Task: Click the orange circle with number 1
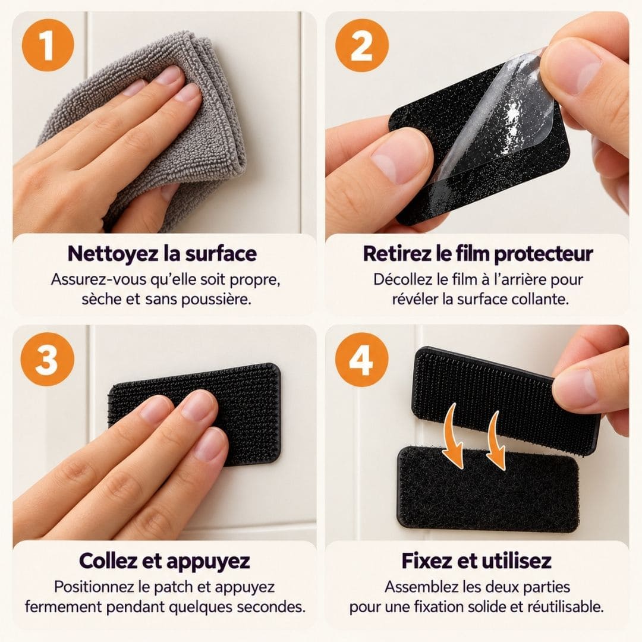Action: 48,45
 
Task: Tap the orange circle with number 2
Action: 361,45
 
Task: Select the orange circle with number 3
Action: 48,359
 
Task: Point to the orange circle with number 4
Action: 361,360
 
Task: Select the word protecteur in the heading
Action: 543,254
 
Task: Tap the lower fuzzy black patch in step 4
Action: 489,489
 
